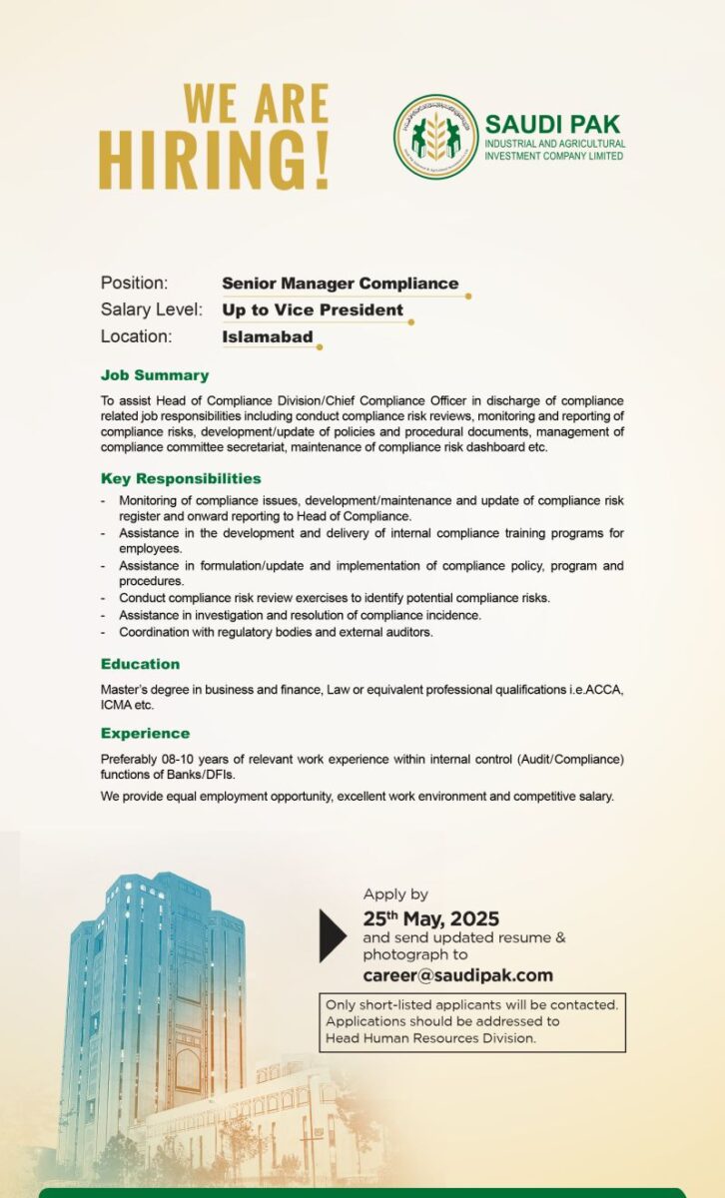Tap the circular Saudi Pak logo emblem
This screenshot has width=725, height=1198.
coord(435,137)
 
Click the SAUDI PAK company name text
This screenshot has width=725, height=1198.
coord(552,125)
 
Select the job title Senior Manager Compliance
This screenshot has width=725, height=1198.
coord(340,284)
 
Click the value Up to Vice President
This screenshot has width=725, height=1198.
coord(313,309)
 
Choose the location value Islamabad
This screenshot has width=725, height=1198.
coord(267,337)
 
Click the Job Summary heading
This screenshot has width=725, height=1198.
coord(155,375)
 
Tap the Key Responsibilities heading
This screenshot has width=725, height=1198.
coord(181,478)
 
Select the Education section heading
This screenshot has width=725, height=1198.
coord(140,664)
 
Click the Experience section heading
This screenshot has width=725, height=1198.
coord(145,733)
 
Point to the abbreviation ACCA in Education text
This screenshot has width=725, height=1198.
coord(601,689)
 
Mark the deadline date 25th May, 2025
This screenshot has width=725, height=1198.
coord(430,918)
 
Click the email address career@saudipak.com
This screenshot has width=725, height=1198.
coord(457,975)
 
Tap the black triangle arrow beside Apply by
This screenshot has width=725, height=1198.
coord(332,935)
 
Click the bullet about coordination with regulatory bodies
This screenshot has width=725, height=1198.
coord(276,632)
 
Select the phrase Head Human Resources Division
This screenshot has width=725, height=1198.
coord(430,1038)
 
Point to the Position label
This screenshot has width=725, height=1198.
coord(134,284)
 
